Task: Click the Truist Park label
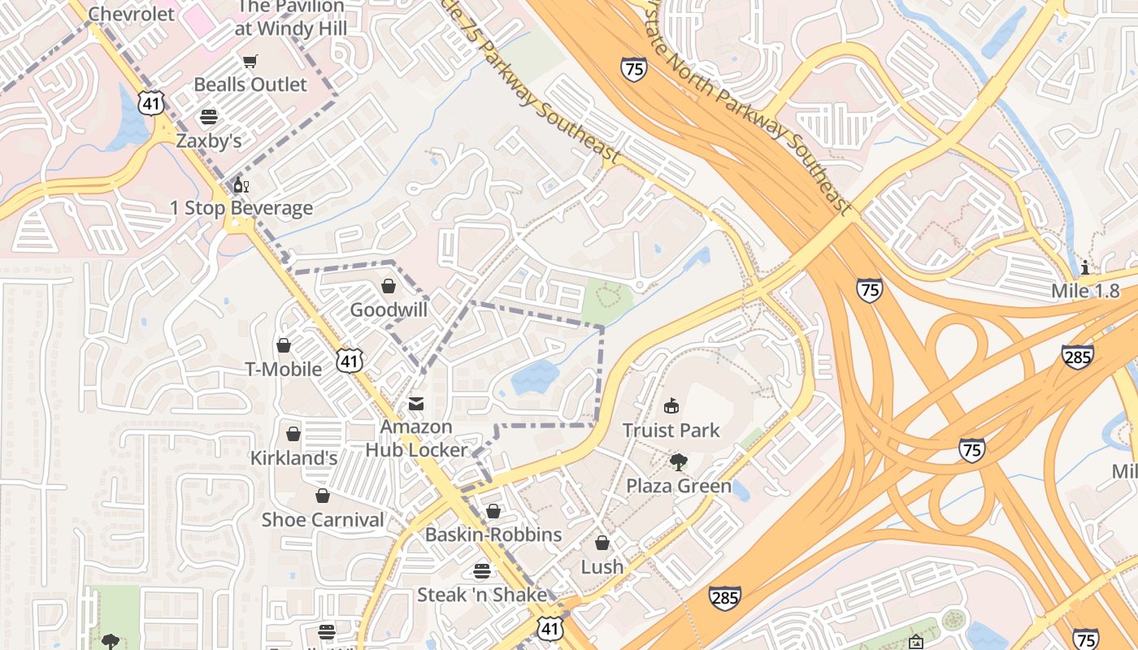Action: (x=671, y=430)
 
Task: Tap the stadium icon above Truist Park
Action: (x=671, y=405)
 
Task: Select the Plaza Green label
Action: (x=678, y=487)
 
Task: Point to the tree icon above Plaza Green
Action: (x=678, y=462)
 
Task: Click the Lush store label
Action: (x=602, y=567)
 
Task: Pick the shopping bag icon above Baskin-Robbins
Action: (x=493, y=511)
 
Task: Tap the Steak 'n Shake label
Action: (x=482, y=595)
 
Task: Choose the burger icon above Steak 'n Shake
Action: (x=482, y=571)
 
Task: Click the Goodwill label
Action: (x=389, y=310)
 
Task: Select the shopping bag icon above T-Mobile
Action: (x=284, y=346)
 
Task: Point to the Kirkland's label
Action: (x=293, y=458)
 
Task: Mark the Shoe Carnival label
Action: (x=323, y=520)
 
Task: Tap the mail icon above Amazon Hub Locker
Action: (x=416, y=404)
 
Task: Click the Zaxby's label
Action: (x=209, y=141)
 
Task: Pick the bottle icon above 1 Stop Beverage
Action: (x=241, y=184)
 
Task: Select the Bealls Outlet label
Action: (x=250, y=84)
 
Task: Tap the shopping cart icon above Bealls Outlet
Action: (x=250, y=61)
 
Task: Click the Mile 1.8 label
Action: (x=1085, y=291)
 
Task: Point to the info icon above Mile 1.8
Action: (x=1085, y=266)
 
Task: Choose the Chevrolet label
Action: (x=131, y=14)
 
